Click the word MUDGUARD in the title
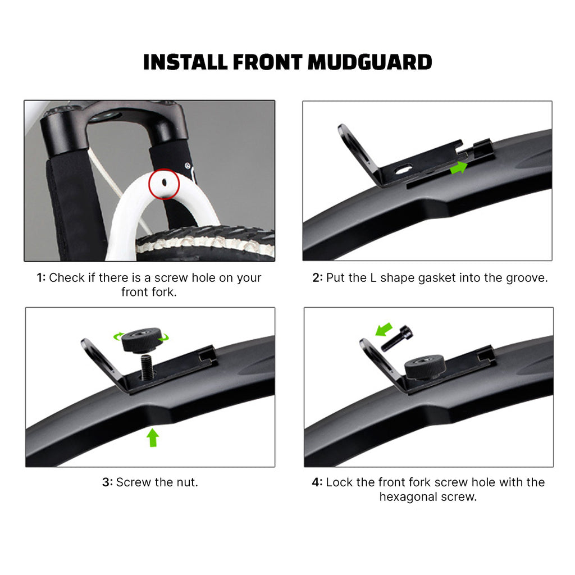pyautogui.click(x=369, y=62)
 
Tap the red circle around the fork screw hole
pyautogui.click(x=164, y=184)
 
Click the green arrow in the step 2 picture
pyautogui.click(x=459, y=167)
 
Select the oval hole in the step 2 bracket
pyautogui.click(x=403, y=170)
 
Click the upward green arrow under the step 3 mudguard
pyautogui.click(x=153, y=438)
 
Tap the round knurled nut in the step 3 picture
pyautogui.click(x=141, y=340)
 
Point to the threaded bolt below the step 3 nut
pyautogui.click(x=147, y=367)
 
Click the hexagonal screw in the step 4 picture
pyautogui.click(x=397, y=339)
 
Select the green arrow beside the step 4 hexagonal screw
pyautogui.click(x=384, y=329)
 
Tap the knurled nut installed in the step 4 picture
pyautogui.click(x=425, y=367)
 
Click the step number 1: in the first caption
pyautogui.click(x=41, y=278)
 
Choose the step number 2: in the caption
pyautogui.click(x=318, y=278)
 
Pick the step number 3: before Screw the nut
pyautogui.click(x=107, y=482)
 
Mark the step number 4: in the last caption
pyautogui.click(x=317, y=482)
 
